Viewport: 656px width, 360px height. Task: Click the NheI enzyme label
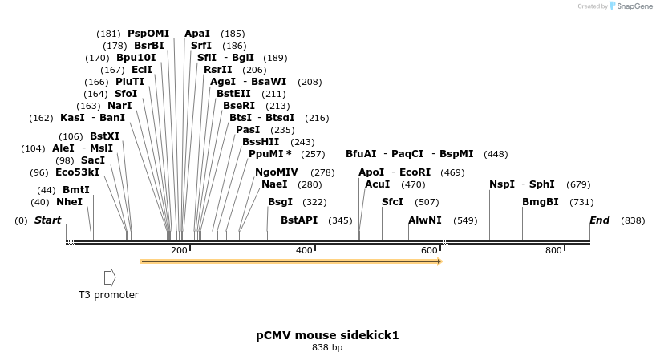pos(69,202)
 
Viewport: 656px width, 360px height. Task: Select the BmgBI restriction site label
pos(540,202)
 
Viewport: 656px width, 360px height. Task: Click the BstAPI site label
pos(299,220)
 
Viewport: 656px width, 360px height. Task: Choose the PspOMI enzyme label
pos(148,34)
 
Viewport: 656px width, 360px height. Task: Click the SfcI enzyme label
pos(392,202)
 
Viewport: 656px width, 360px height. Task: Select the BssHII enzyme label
pos(261,142)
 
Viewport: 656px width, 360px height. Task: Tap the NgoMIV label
pos(276,172)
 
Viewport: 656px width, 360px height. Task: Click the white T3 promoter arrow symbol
pos(110,277)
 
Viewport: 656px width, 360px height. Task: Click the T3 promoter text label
pos(108,295)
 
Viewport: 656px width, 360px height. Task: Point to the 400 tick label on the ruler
pos(304,251)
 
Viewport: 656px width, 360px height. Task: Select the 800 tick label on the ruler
pos(553,251)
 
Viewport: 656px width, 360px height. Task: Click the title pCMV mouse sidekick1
pos(327,335)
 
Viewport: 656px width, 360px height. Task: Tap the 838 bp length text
pos(327,348)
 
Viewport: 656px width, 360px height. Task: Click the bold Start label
pos(47,220)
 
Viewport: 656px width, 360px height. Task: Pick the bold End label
pos(599,220)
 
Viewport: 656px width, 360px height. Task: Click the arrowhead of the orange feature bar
pos(439,261)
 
